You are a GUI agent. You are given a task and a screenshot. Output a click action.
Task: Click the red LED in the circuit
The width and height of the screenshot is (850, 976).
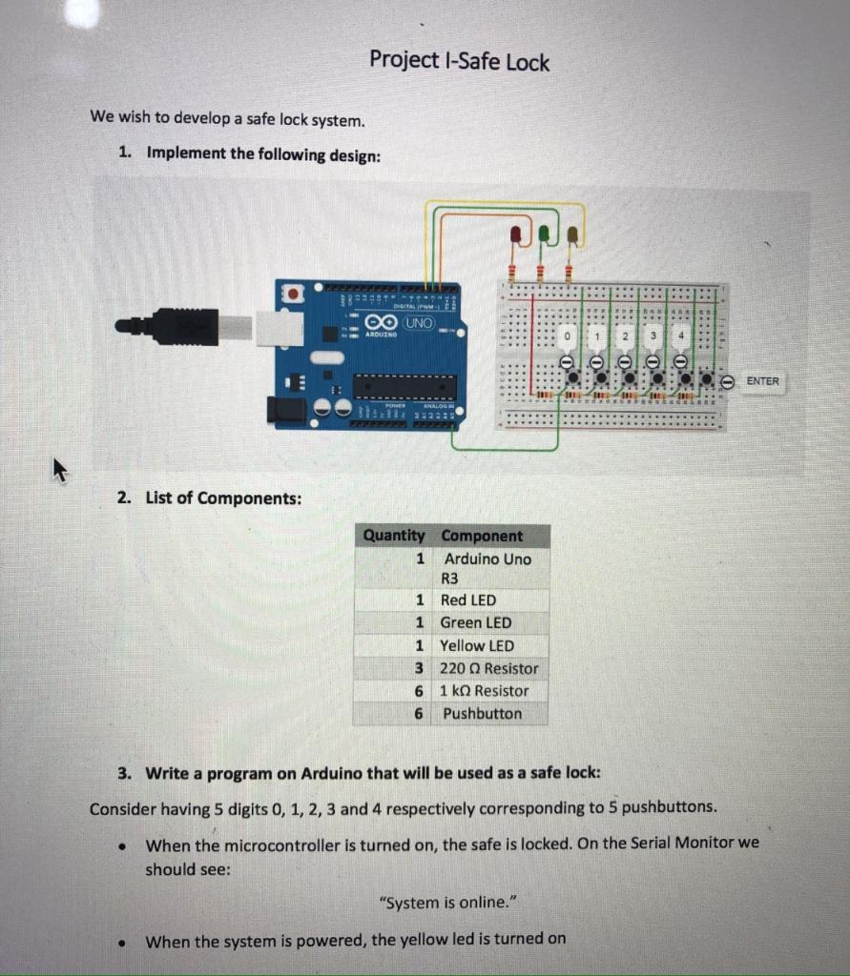tap(515, 234)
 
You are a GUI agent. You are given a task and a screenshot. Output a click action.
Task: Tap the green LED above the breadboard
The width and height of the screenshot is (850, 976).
tap(544, 233)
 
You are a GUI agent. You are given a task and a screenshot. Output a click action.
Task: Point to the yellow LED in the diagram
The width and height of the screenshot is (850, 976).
tap(572, 234)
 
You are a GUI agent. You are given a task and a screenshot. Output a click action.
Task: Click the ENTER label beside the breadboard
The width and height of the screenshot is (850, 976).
tap(762, 381)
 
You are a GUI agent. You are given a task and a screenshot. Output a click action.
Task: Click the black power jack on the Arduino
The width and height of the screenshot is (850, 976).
tap(287, 410)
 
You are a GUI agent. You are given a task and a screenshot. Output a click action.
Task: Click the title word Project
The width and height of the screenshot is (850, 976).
tap(402, 60)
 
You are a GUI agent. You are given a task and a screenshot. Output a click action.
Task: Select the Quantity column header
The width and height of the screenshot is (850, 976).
tap(393, 536)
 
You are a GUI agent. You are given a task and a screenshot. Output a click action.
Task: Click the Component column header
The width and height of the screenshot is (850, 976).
tap(482, 536)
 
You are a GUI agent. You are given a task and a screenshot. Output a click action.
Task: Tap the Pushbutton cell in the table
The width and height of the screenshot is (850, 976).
tap(482, 713)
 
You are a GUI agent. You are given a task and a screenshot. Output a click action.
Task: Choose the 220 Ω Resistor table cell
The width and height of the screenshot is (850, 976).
tap(488, 668)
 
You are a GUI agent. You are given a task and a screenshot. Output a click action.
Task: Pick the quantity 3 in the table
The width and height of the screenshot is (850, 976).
tap(419, 668)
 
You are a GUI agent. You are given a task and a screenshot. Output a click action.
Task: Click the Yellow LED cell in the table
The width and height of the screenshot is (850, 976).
tap(476, 645)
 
